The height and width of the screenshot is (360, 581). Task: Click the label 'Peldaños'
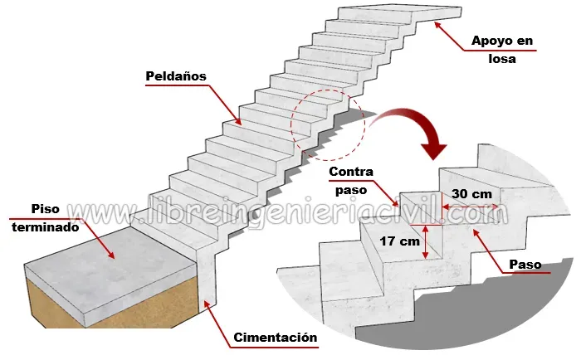176,75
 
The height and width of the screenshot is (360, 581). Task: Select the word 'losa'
502,59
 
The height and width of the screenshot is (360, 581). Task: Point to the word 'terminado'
45,226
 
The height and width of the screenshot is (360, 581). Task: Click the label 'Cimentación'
276,338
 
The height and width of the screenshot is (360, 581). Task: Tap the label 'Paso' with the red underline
525,265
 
